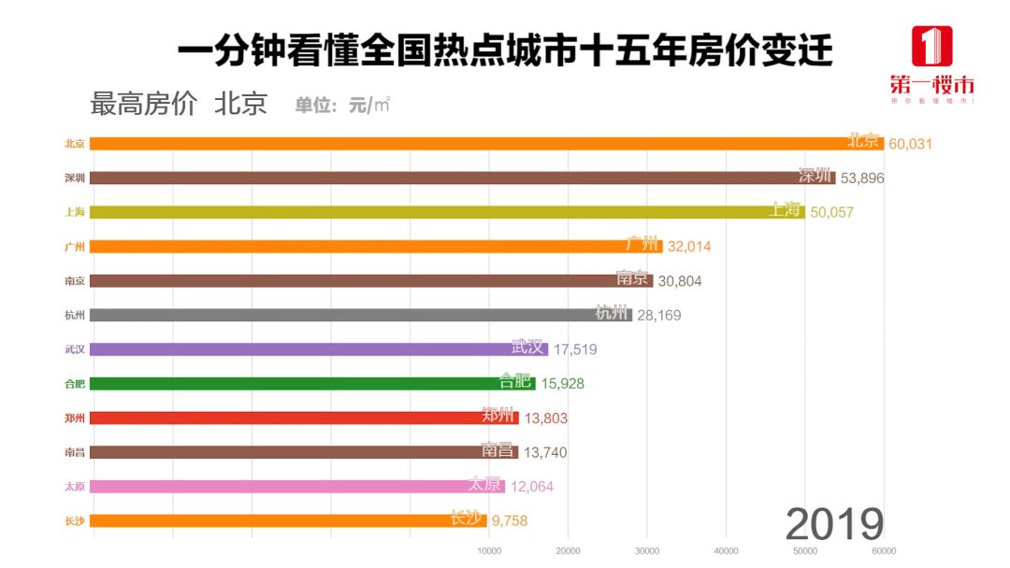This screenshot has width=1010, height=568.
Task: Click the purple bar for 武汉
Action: pyautogui.click(x=318, y=349)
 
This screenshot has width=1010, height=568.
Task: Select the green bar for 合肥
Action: pyautogui.click(x=312, y=383)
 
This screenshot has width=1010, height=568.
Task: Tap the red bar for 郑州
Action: pyautogui.click(x=304, y=418)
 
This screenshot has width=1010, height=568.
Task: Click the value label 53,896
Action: pyautogui.click(x=861, y=178)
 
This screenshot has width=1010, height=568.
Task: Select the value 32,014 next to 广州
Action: pyautogui.click(x=689, y=247)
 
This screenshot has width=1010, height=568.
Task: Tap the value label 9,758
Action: pyautogui.click(x=510, y=520)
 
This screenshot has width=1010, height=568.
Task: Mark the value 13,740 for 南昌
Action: pyautogui.click(x=545, y=452)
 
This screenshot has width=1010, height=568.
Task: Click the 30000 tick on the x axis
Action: pyautogui.click(x=647, y=551)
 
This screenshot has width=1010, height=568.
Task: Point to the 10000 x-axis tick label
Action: pyautogui.click(x=489, y=551)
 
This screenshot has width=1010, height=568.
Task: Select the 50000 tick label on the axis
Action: pyautogui.click(x=805, y=551)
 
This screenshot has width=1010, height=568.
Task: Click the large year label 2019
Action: pyautogui.click(x=834, y=524)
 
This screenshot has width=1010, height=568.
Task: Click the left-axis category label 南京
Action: pyautogui.click(x=75, y=280)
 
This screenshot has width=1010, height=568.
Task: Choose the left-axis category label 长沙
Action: pyautogui.click(x=75, y=520)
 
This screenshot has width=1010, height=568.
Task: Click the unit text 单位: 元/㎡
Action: pyautogui.click(x=342, y=105)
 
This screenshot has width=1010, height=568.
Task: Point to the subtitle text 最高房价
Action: pyautogui.click(x=143, y=104)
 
